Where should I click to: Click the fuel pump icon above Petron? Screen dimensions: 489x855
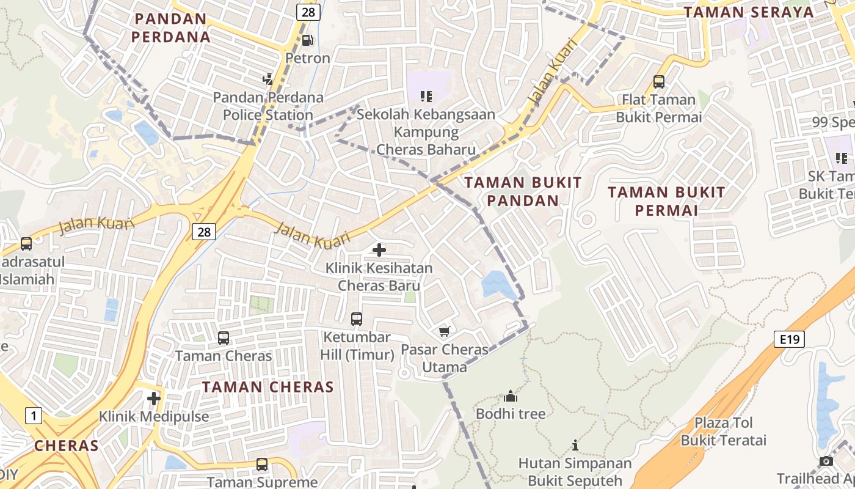point(308,40)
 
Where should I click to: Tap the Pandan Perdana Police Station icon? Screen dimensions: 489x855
point(267,79)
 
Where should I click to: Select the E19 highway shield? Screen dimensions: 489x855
point(789,339)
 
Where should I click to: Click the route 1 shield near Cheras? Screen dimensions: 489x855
point(34,416)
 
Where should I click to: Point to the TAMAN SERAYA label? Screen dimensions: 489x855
point(749,12)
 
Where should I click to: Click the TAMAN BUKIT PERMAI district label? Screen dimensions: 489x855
point(666,201)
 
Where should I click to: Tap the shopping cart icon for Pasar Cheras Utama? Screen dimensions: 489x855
point(445,331)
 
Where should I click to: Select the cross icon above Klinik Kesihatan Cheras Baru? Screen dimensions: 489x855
point(379,249)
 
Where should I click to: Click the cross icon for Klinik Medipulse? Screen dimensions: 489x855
point(154,399)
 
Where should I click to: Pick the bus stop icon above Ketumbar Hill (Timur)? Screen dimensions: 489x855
point(357,318)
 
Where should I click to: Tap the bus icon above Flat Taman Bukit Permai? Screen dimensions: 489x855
point(659,81)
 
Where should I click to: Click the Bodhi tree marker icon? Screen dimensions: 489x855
point(511,396)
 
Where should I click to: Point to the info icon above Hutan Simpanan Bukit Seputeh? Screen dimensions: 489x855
point(575,445)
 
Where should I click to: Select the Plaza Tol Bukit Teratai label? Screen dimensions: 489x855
point(723,431)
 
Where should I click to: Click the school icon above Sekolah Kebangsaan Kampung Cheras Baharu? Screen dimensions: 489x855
point(426,96)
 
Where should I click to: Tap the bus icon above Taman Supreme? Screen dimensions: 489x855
point(262,464)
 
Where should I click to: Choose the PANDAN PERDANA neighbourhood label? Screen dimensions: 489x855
point(172,28)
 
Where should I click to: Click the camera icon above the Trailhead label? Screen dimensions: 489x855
point(826,461)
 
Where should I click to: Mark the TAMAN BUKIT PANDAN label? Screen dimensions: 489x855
point(523,191)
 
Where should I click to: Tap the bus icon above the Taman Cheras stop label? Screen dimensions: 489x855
point(224,337)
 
